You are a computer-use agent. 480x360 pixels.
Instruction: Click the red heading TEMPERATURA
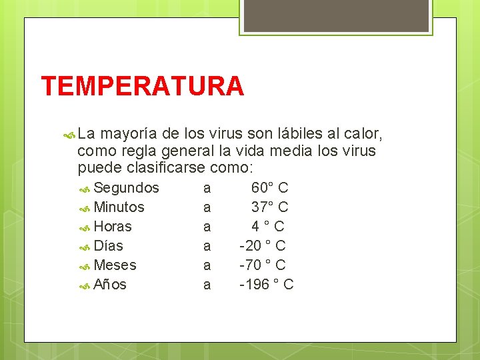point(143,87)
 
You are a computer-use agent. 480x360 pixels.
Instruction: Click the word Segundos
point(127,187)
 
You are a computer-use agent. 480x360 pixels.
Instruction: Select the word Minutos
point(119,207)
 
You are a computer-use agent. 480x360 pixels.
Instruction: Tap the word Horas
point(113,226)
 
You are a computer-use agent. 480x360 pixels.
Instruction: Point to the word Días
point(109,245)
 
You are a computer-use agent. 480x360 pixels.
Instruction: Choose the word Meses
point(115,265)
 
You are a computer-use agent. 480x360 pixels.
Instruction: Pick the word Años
point(110,285)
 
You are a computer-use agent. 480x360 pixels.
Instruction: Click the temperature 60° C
point(269,187)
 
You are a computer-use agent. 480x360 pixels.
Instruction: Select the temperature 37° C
point(269,207)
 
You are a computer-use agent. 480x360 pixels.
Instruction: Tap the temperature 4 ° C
point(268,226)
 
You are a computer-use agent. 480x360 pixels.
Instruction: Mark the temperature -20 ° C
point(263,245)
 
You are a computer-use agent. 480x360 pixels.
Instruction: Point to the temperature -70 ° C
point(263,265)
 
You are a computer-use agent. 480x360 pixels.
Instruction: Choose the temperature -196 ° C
point(267,285)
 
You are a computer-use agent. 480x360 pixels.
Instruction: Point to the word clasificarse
point(165,167)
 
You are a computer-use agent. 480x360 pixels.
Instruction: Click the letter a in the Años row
point(207,285)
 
